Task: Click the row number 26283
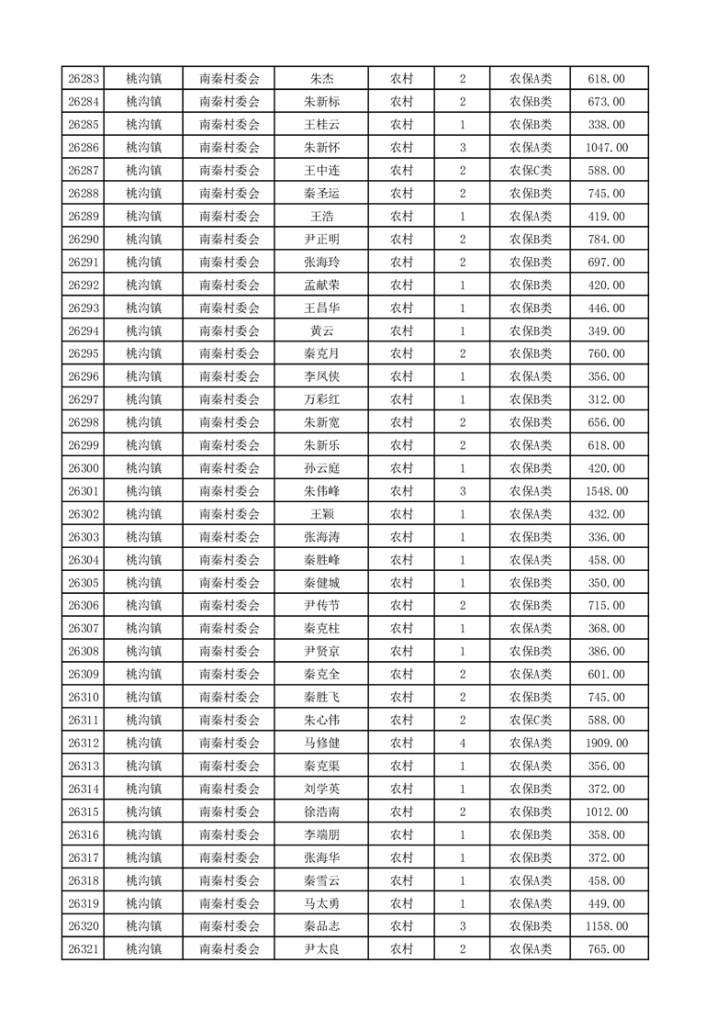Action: [84, 79]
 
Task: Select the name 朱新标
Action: [321, 102]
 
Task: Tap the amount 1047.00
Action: [606, 148]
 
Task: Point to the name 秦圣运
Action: [321, 194]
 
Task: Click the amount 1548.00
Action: [606, 491]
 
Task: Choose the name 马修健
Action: [321, 744]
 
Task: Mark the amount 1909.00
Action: [606, 744]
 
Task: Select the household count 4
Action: [462, 744]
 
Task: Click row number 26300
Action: [84, 468]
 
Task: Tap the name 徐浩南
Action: [321, 812]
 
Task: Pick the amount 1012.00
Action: [606, 812]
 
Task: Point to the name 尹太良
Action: [321, 949]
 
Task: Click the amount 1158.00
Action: [606, 926]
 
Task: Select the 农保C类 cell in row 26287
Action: [531, 171]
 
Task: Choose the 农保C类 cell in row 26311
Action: [531, 721]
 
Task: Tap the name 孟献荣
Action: [321, 285]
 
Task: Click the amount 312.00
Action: [606, 399]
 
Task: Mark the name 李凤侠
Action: [321, 376]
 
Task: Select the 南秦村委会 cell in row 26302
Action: [230, 514]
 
